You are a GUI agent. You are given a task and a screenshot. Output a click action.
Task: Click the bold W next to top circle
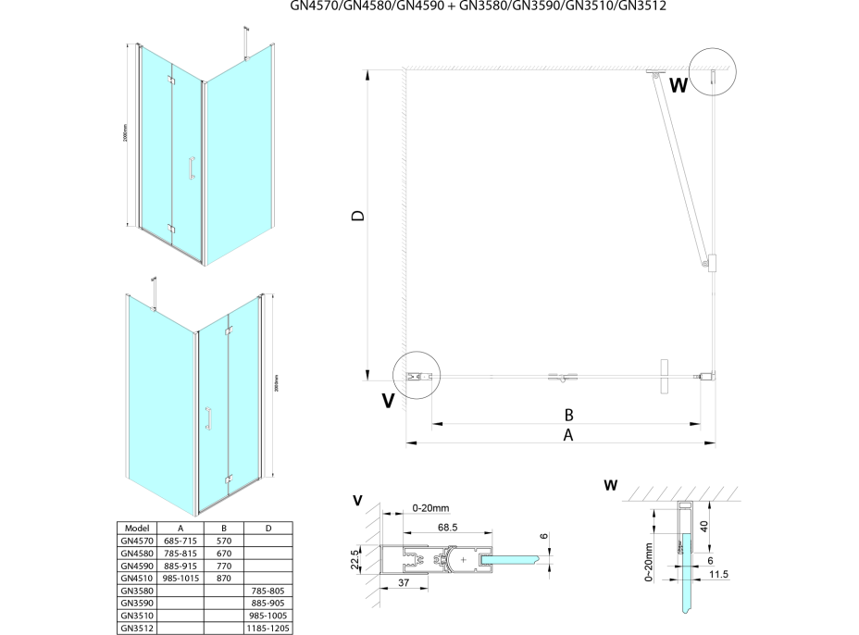point(678,86)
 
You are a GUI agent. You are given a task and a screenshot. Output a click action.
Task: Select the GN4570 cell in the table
point(137,540)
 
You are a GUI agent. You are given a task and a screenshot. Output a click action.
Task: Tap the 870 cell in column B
point(222,577)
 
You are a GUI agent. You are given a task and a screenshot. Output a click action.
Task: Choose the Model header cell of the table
point(137,528)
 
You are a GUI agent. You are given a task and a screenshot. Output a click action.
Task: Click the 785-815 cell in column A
point(181,552)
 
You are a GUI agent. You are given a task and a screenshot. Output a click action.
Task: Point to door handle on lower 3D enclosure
point(208,417)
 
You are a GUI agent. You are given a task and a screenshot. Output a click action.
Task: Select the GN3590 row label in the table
point(137,602)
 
